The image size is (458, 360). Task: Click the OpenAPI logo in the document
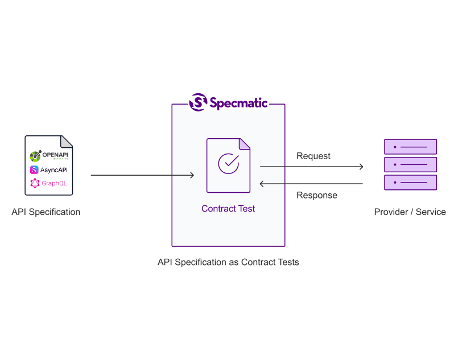(x=49, y=156)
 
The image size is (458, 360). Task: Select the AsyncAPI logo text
(x=53, y=170)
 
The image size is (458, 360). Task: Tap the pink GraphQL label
(x=54, y=183)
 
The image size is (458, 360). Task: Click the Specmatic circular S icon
(x=199, y=102)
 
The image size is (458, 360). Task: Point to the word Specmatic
(x=238, y=103)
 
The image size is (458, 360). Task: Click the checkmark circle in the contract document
(x=228, y=163)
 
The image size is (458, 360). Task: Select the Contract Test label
(x=228, y=209)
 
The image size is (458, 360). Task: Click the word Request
(x=313, y=156)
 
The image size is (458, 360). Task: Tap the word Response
(x=317, y=195)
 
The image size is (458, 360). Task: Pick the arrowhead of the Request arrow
(x=362, y=167)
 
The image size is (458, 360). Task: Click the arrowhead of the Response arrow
(x=261, y=184)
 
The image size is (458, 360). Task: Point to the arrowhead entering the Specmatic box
(x=192, y=175)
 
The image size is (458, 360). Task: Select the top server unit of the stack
(x=410, y=147)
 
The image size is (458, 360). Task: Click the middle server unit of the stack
(x=410, y=165)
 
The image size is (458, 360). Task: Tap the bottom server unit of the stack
(x=410, y=183)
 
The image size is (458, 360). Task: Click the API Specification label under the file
(x=46, y=212)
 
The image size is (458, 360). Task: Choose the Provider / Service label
(x=410, y=212)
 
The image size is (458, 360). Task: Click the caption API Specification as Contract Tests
(x=228, y=262)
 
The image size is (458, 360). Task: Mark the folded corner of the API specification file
(x=66, y=142)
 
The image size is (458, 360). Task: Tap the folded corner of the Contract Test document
(x=244, y=144)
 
